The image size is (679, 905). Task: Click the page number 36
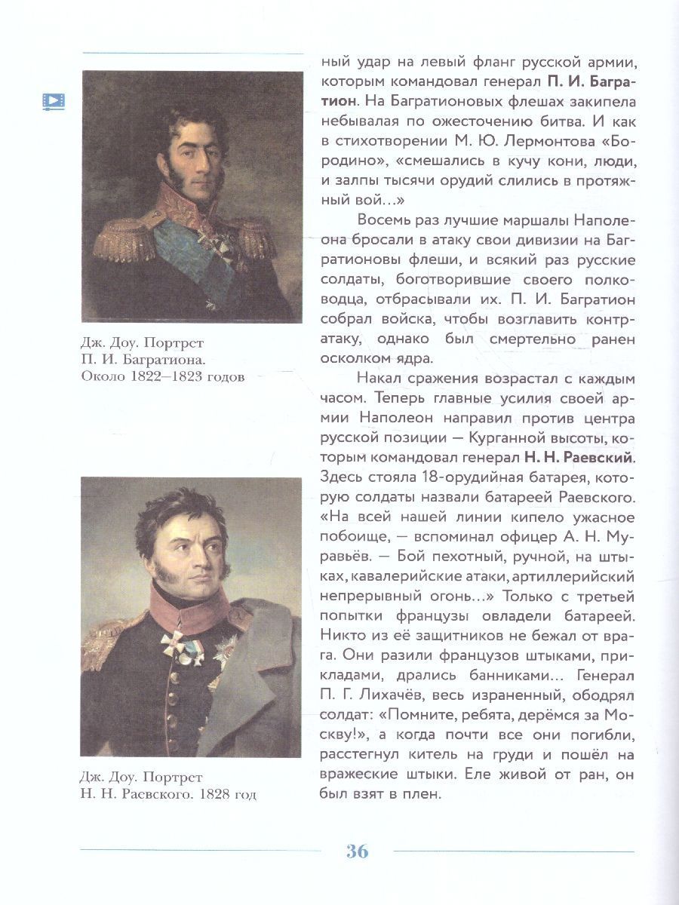tap(357, 851)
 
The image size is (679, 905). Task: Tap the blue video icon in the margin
tap(54, 101)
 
